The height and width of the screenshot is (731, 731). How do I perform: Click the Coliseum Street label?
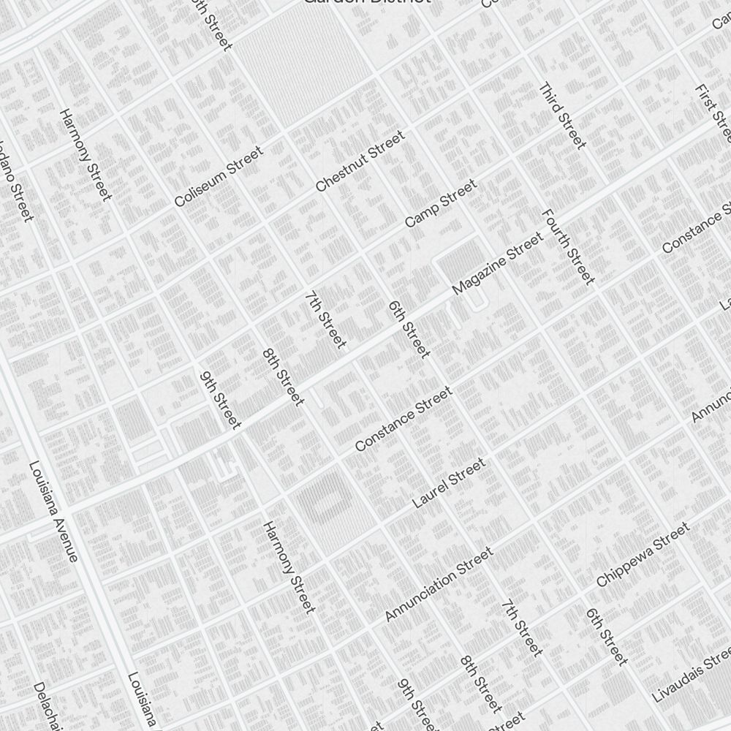click(219, 177)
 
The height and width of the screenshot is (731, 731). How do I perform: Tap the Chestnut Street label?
click(360, 162)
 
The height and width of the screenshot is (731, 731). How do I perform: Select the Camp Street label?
click(440, 202)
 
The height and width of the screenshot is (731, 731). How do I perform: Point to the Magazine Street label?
click(498, 264)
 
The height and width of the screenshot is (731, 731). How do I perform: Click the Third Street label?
click(563, 115)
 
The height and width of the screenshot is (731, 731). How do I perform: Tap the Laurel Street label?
click(449, 483)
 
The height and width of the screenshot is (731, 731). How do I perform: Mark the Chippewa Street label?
click(643, 555)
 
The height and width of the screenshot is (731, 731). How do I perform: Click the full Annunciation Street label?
click(439, 585)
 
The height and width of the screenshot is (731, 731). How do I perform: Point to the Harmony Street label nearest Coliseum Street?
click(86, 155)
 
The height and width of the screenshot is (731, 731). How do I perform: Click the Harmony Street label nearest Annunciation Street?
click(289, 567)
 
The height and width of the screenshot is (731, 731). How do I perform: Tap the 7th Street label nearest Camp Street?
click(325, 320)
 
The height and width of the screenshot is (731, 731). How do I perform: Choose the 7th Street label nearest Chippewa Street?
click(522, 628)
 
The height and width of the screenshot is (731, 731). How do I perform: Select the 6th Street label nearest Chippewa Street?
click(607, 637)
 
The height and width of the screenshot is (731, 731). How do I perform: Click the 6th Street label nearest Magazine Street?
click(409, 329)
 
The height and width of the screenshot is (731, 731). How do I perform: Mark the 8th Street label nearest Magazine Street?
click(282, 376)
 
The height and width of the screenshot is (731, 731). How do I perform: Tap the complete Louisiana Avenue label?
click(53, 512)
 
